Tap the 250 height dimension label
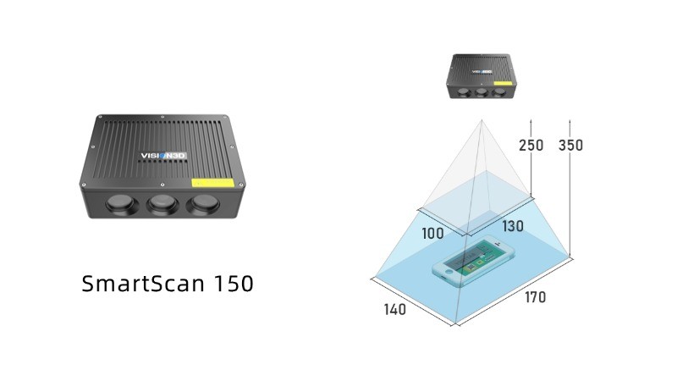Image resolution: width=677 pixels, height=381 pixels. (x=531, y=146)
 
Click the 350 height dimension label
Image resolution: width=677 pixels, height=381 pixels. (x=570, y=146)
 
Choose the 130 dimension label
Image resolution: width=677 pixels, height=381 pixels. (x=513, y=226)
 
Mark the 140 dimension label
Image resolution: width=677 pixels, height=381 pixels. (x=394, y=310)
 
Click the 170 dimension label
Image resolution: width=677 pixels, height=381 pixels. (x=535, y=297)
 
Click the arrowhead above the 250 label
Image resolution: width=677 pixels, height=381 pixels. (x=531, y=122)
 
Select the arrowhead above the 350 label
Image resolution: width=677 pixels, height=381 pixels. (x=570, y=122)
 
